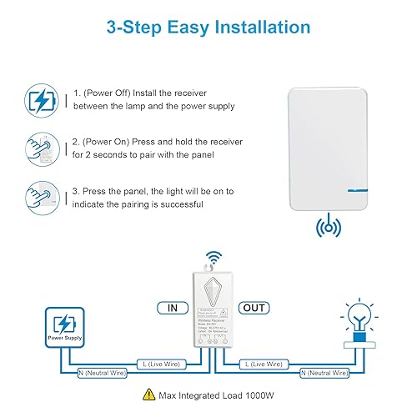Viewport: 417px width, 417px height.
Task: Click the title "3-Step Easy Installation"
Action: click(x=208, y=27)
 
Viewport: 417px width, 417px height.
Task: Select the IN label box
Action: click(x=171, y=308)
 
